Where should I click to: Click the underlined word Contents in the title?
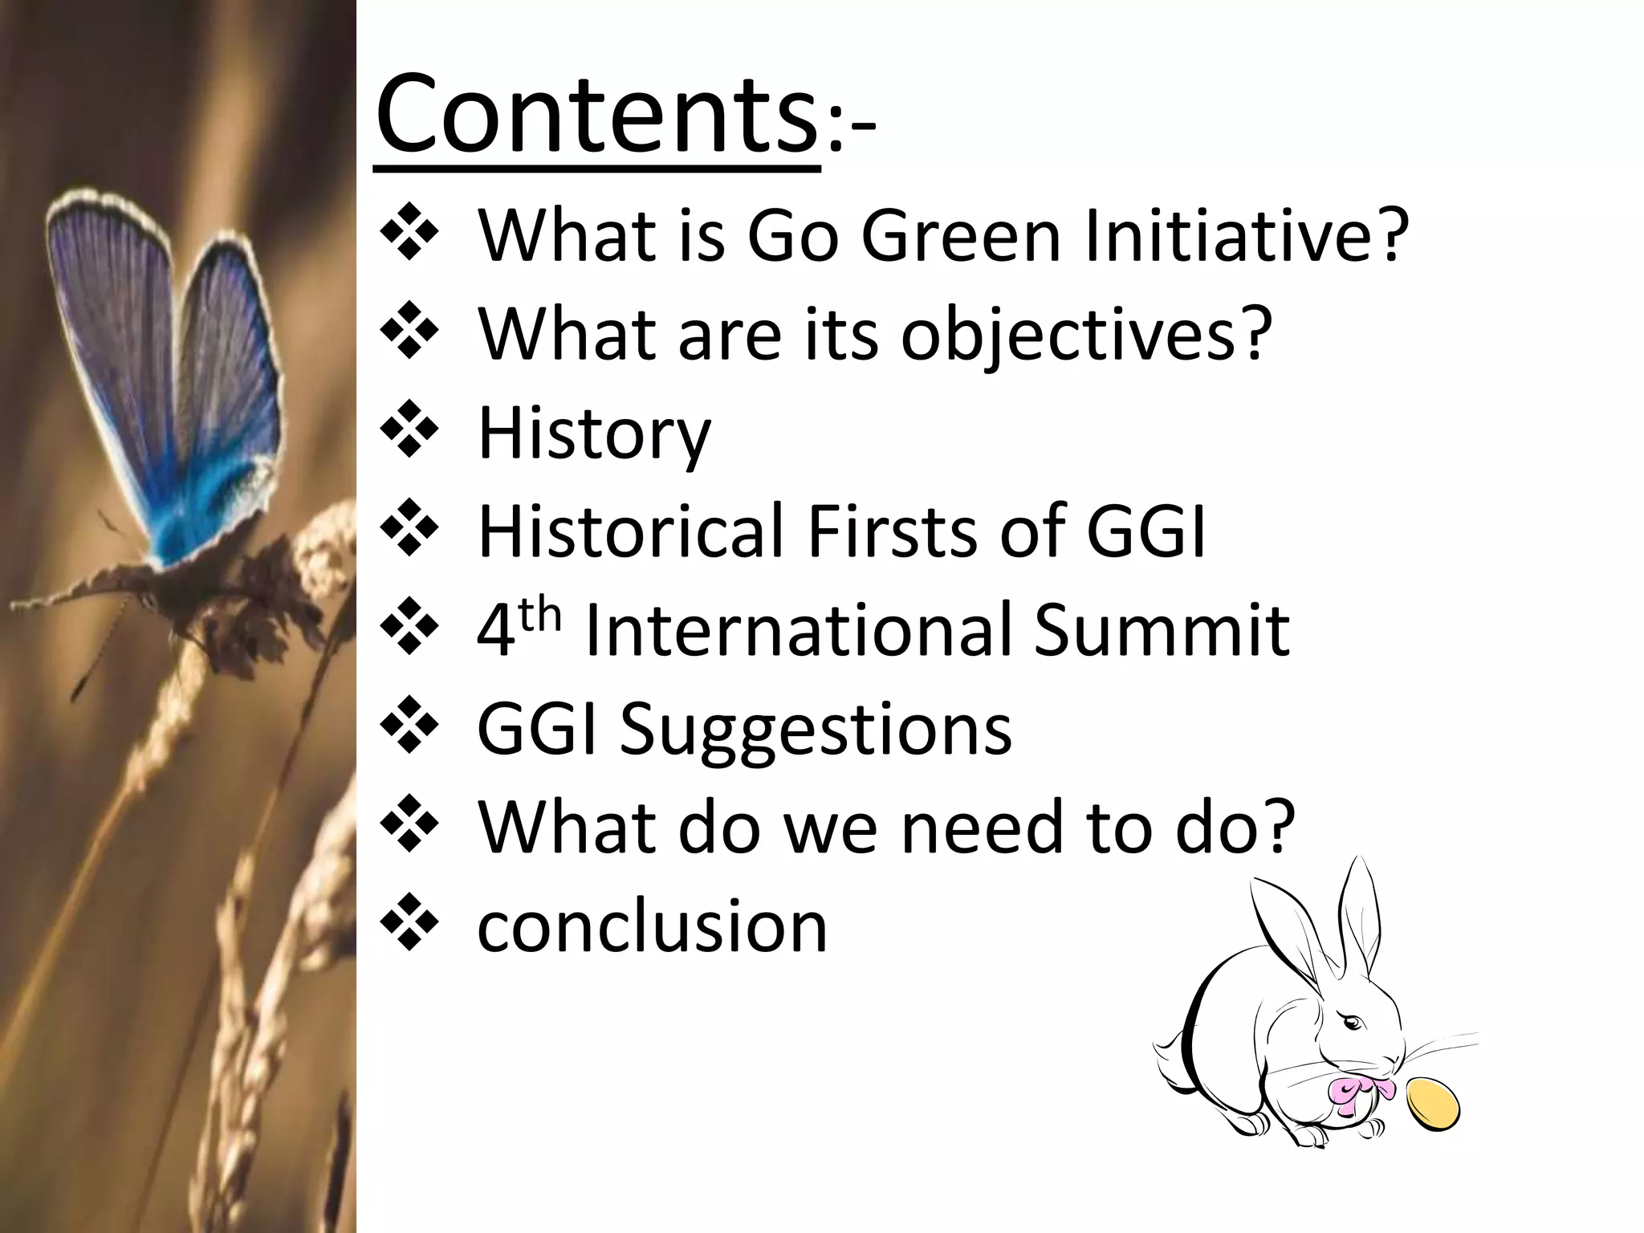point(596,114)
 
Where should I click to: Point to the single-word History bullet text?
point(594,433)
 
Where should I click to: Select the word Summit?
point(1162,630)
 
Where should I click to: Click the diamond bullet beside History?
point(409,433)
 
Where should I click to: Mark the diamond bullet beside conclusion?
point(409,927)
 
